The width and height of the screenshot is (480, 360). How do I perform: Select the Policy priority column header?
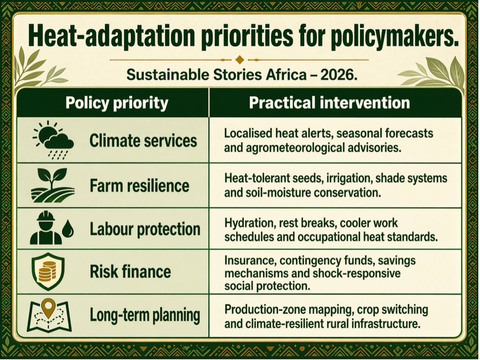[x=117, y=103]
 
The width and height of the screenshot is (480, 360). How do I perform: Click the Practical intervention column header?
[x=329, y=103]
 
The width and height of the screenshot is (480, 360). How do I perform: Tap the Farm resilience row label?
[x=139, y=186]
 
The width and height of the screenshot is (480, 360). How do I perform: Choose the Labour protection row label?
[x=145, y=229]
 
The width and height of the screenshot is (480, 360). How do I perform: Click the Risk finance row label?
[x=130, y=272]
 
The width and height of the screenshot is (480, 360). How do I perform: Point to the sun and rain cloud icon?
[x=53, y=140]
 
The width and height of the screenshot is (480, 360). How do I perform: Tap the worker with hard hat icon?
[x=46, y=228]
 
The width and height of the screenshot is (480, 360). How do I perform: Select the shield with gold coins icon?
[x=48, y=272]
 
